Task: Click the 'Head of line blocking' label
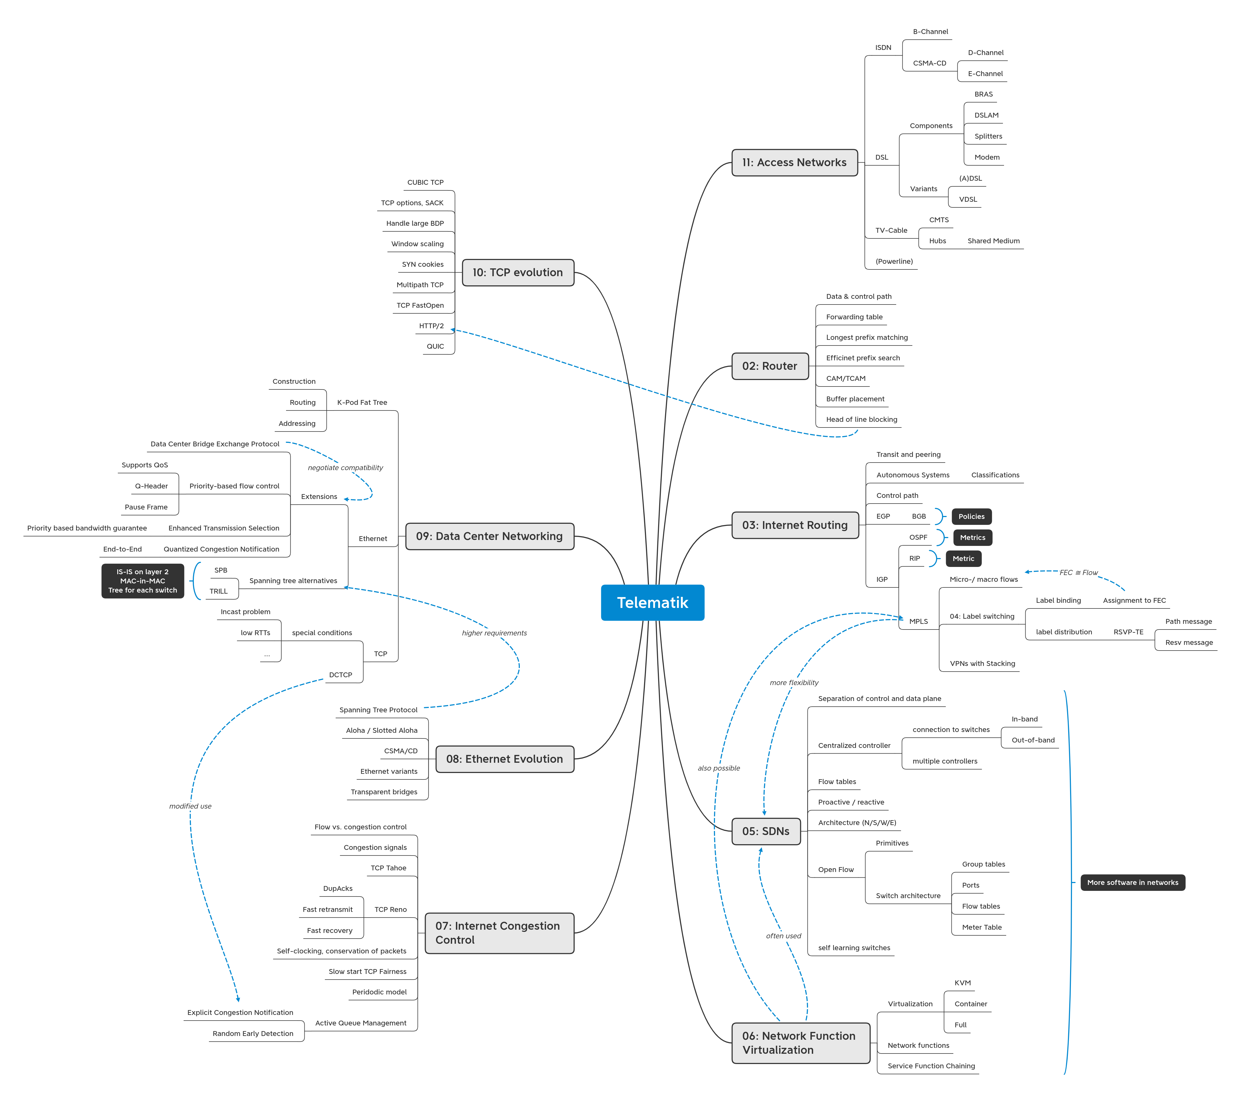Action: pyautogui.click(x=861, y=420)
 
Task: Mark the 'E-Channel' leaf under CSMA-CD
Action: pyautogui.click(x=985, y=74)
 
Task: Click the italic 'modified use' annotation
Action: pyautogui.click(x=190, y=806)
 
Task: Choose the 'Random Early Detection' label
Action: pyautogui.click(x=253, y=1034)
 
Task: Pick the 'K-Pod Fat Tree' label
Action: pyautogui.click(x=362, y=403)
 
